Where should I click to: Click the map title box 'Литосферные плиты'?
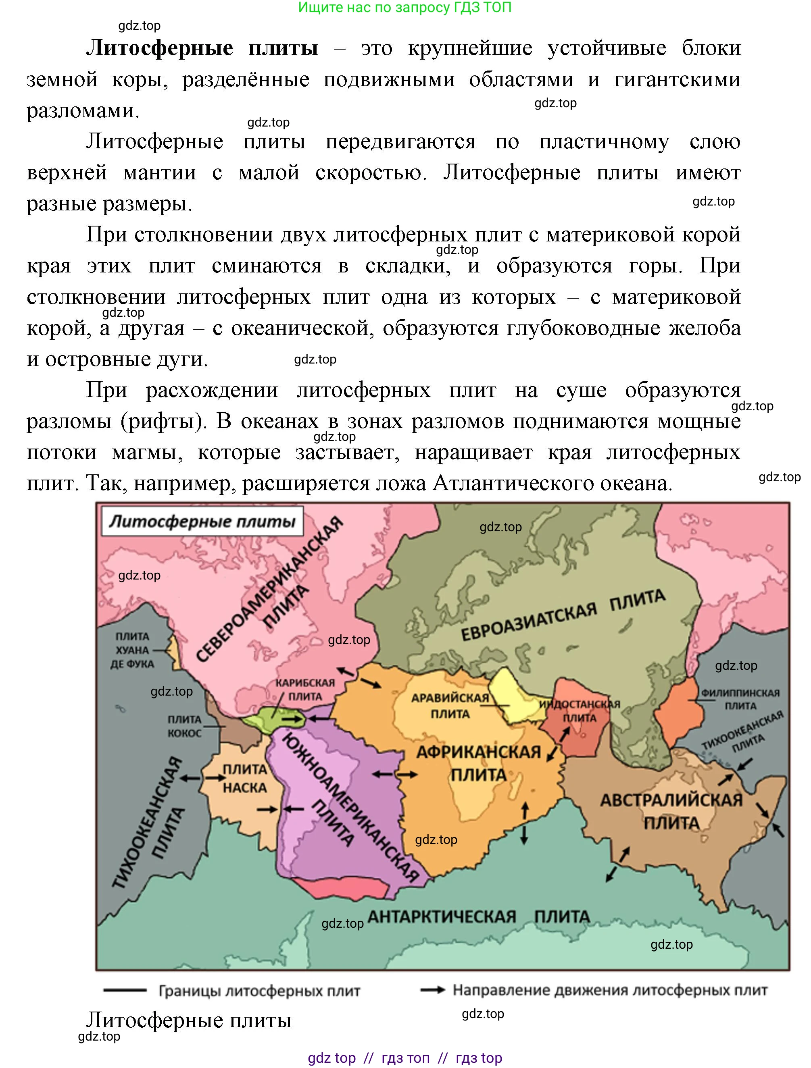pos(202,522)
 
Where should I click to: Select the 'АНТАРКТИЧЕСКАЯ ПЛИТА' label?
pos(478,916)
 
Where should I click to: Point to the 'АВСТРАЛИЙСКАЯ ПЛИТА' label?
pos(671,812)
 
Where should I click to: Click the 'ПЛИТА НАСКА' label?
pos(244,778)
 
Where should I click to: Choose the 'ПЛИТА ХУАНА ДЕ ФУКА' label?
pos(132,650)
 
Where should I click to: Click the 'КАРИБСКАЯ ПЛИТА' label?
pos(305,690)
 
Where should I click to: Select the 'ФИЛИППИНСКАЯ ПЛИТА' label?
pos(740,699)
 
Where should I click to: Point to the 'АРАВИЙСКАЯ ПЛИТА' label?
pos(450,705)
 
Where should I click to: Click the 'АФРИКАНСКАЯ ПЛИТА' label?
pos(478,763)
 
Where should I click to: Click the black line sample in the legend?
pos(125,990)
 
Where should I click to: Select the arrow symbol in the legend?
pos(432,990)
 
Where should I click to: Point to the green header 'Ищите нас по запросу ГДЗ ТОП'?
pos(405,7)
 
